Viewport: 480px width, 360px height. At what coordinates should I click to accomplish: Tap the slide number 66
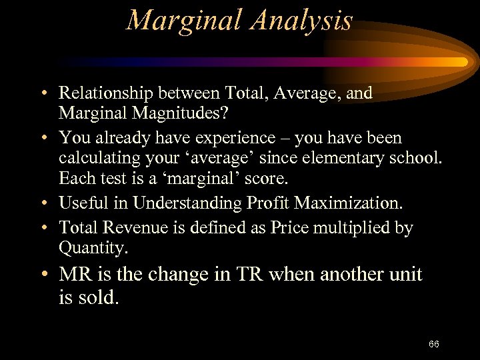[434, 344]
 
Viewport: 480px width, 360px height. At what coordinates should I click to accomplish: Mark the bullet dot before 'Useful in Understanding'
[42, 203]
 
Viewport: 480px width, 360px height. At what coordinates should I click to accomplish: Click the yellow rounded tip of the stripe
[462, 62]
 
